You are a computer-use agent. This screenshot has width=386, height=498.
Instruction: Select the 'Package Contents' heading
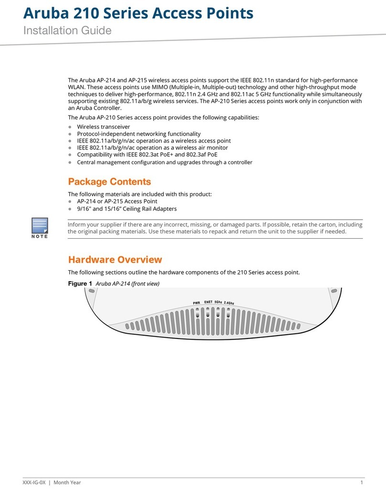click(x=109, y=182)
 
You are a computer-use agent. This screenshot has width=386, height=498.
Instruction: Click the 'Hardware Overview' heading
click(x=115, y=260)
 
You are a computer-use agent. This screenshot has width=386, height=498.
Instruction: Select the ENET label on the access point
click(x=208, y=302)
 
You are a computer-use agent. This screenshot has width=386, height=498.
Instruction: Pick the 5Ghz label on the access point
click(x=218, y=302)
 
